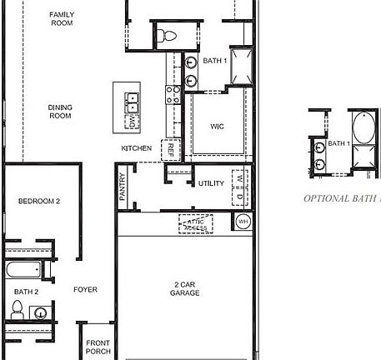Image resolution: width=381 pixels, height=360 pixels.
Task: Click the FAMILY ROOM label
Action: click(x=62, y=19)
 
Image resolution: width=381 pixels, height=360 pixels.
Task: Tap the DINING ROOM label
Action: click(x=59, y=112)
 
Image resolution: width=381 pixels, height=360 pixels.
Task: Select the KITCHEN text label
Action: click(x=137, y=148)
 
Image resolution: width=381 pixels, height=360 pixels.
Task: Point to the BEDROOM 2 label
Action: click(x=40, y=202)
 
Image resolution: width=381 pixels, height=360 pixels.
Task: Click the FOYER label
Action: click(x=85, y=290)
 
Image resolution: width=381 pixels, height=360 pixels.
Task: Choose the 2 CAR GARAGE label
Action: click(x=187, y=288)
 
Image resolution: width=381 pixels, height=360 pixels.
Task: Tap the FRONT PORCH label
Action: click(x=98, y=347)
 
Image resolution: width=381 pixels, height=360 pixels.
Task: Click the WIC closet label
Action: click(x=217, y=127)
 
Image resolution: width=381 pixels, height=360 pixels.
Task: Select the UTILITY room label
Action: click(x=211, y=184)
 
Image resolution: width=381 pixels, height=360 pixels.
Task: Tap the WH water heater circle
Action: click(x=243, y=222)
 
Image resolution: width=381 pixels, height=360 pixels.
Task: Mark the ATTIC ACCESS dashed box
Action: click(x=196, y=222)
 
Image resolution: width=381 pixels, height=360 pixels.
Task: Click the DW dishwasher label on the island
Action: click(x=132, y=122)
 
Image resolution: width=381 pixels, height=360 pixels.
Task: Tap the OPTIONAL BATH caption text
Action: click(x=341, y=199)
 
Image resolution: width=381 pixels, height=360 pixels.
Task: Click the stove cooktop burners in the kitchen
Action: click(x=173, y=94)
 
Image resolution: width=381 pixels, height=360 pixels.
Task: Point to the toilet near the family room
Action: click(x=166, y=36)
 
